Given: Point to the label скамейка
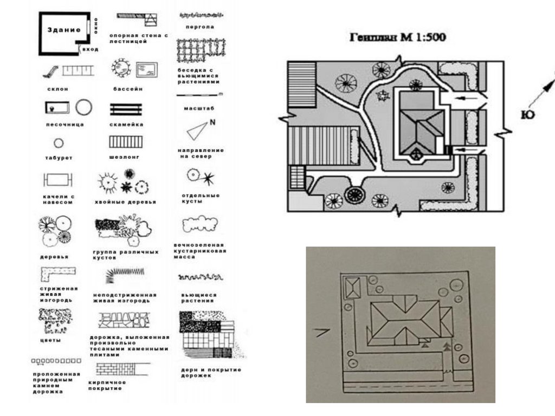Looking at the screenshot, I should pos(126,124).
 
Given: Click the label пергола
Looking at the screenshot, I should pos(200,27).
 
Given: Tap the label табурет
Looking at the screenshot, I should pos(59,158).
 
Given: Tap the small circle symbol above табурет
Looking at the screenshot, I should pos(59,143).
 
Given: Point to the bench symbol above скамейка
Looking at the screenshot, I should pos(126,109).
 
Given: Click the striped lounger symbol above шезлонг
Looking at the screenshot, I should pos(126,142).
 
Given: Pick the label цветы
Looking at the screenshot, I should pos(50,340).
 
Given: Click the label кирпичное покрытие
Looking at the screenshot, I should pos(105,385).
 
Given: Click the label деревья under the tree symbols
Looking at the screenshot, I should pos(54,256).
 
